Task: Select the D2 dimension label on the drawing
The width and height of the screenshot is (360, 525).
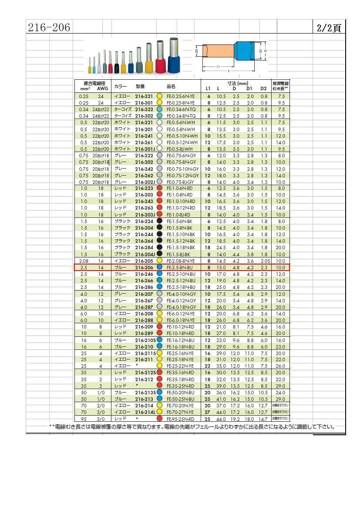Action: [197, 51]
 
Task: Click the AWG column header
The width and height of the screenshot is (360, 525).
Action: [102, 88]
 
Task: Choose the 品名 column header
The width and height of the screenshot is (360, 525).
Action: [171, 86]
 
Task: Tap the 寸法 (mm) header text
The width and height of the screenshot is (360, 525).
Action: [237, 83]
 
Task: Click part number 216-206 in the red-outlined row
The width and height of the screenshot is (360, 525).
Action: [144, 267]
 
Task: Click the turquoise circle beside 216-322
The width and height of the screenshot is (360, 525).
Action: [159, 109]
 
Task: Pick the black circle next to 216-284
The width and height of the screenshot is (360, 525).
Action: [159, 247]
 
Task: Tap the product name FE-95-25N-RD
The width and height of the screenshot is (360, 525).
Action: [180, 419]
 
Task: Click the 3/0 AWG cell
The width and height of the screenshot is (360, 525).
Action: [101, 419]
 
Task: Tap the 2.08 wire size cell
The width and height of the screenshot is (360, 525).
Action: [84, 261]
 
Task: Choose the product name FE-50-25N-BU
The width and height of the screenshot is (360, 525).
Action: [180, 399]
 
